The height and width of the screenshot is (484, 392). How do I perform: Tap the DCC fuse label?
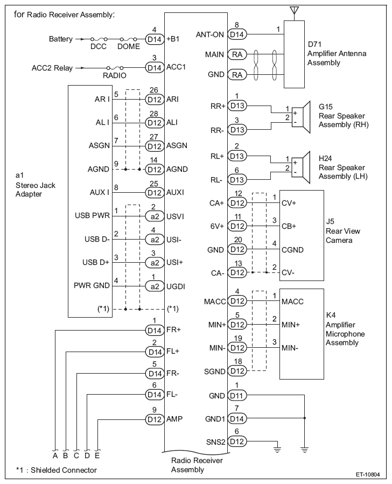tap(99, 47)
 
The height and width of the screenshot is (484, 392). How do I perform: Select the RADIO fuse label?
tap(115, 75)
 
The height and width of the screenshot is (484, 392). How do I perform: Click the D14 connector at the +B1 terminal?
tap(155, 39)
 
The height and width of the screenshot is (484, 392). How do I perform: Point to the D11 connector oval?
tap(237, 395)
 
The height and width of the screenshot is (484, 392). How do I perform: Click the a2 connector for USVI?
tap(155, 216)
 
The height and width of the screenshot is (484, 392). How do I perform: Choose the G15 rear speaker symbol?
tap(301, 117)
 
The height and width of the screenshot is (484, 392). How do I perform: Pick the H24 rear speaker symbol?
tap(301, 168)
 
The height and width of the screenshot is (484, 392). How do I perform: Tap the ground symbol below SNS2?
tap(277, 450)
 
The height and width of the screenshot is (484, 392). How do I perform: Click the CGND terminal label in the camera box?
tap(292, 250)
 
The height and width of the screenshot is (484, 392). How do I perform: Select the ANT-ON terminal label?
tap(210, 34)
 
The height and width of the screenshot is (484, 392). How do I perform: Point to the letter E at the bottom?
tap(97, 455)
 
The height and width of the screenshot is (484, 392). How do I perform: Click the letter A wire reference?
tap(55, 455)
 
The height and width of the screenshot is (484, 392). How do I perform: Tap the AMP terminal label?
tap(174, 419)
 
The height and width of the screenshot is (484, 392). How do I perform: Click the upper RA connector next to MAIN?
tap(237, 54)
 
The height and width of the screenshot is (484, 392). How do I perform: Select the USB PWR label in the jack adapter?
tap(92, 215)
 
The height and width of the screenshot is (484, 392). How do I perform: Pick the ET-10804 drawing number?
tap(368, 474)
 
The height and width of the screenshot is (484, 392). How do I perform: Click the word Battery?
tap(61, 39)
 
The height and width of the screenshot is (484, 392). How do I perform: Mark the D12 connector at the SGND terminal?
tap(237, 371)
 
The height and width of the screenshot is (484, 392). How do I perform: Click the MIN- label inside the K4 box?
tap(290, 348)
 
